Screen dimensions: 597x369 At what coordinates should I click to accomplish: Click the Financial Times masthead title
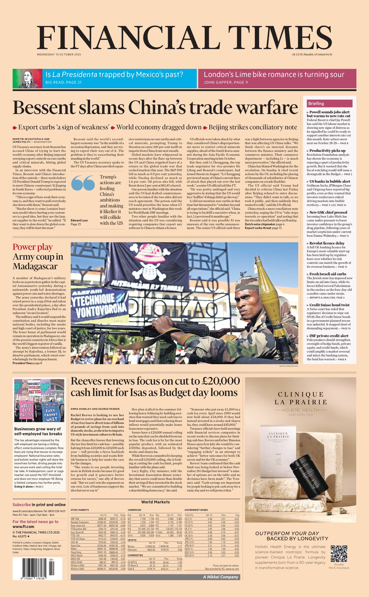pyautogui.click(x=184, y=39)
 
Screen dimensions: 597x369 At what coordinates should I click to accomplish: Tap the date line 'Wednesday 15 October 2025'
pyautogui.click(x=59, y=55)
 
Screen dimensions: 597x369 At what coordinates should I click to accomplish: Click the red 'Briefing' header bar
pyautogui.click(x=329, y=103)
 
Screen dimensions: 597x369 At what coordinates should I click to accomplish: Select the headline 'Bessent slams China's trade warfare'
pyautogui.click(x=155, y=108)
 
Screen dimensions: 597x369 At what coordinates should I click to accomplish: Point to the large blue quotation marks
pyautogui.click(x=83, y=183)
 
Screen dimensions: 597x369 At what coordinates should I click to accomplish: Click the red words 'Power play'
pyautogui.click(x=33, y=247)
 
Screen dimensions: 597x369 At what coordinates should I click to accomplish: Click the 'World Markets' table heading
pyautogui.click(x=155, y=502)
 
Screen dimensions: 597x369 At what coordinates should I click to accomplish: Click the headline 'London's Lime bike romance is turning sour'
pyautogui.click(x=274, y=75)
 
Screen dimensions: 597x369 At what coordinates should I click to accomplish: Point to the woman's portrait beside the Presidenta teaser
pyautogui.click(x=28, y=78)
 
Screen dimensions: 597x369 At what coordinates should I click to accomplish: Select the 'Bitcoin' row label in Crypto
pyautogui.click(x=131, y=546)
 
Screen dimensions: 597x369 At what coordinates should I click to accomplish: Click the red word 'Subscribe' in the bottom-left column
pyautogui.click(x=22, y=505)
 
